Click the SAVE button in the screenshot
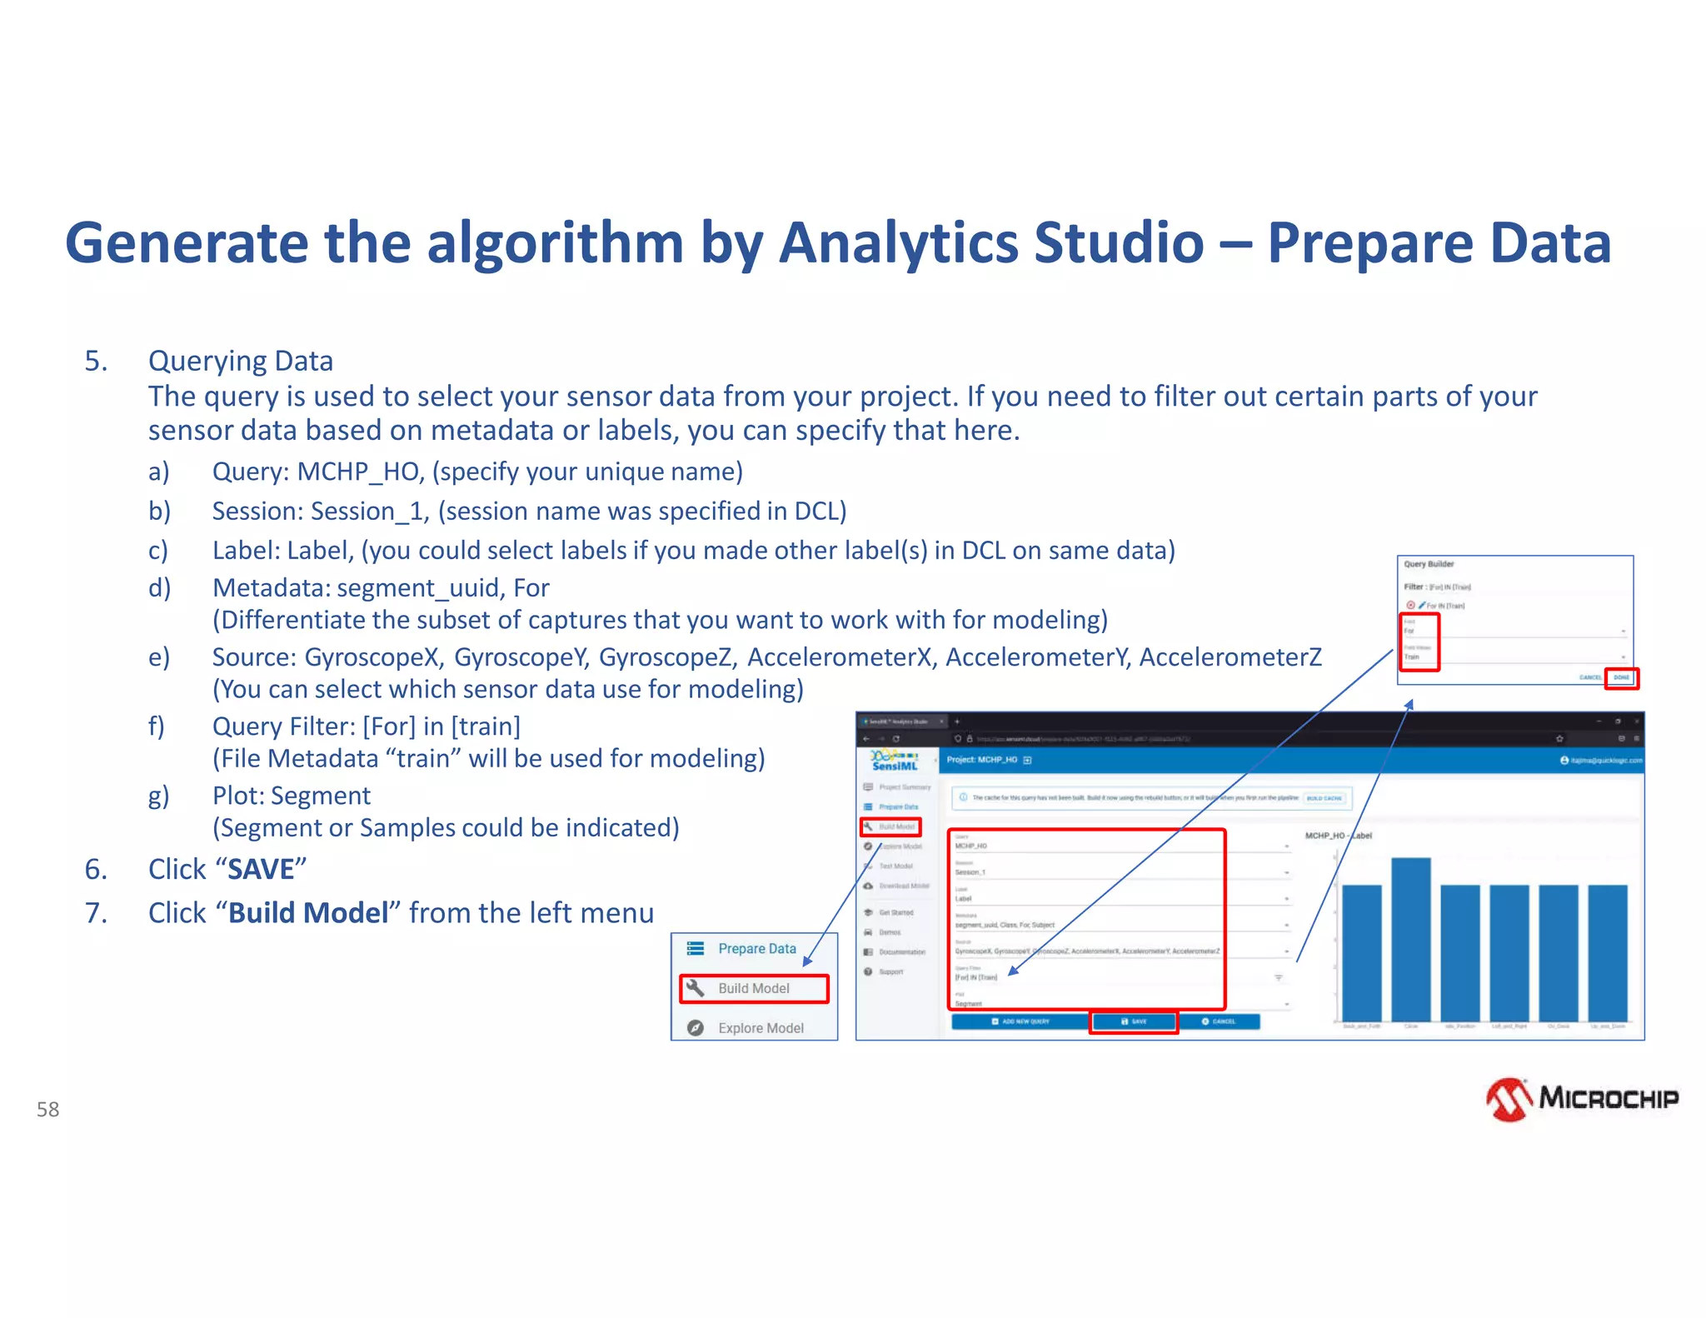coord(1134,1021)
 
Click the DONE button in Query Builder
coord(1621,677)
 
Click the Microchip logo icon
coord(1509,1100)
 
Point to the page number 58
coord(48,1110)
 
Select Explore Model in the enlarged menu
coord(760,1028)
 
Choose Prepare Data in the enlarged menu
coord(756,949)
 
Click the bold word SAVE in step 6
coord(261,870)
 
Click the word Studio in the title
coord(1118,243)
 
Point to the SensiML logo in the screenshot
coord(895,761)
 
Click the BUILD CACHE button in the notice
coord(1324,798)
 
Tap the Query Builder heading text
coord(1429,564)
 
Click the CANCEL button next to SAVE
coord(1218,1021)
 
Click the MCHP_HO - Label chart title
coord(1338,836)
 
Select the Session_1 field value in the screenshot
coord(970,872)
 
